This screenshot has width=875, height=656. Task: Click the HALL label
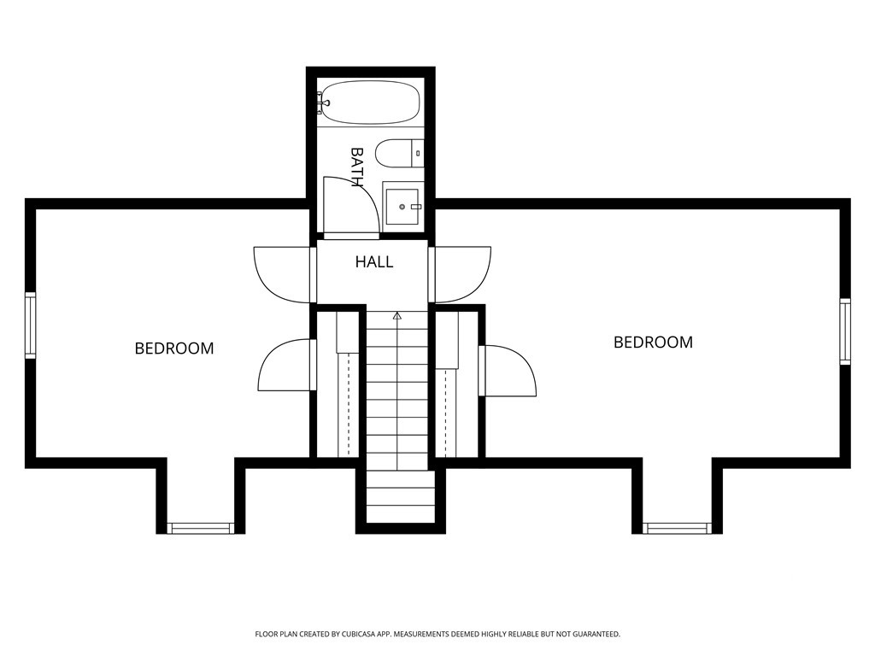point(374,261)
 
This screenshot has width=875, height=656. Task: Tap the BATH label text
point(356,167)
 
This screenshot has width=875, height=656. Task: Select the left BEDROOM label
point(174,348)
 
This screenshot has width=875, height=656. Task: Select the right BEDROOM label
point(653,342)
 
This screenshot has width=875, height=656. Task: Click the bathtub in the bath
point(369,102)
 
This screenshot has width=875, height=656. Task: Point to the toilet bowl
point(393,153)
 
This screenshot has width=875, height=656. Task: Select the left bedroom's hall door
point(282,274)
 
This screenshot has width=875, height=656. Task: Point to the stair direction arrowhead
point(396,316)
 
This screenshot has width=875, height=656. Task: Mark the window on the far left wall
point(31,325)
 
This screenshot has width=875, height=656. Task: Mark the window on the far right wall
point(845,331)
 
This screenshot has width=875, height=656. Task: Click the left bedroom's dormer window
point(201,528)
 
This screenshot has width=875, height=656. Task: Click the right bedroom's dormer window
point(678,528)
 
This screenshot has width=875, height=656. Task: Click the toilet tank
point(417,153)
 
